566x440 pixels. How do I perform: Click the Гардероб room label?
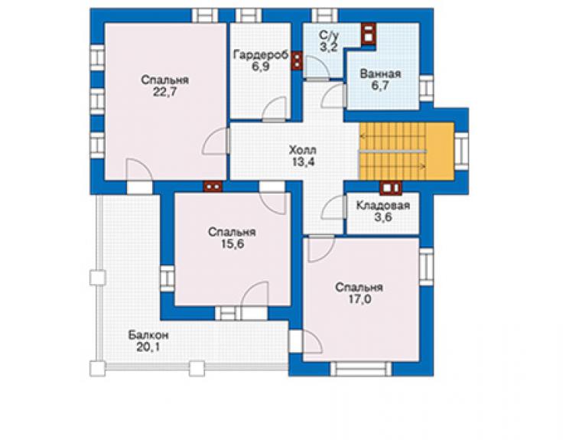click(x=261, y=55)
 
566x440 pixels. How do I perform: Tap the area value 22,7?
click(x=164, y=92)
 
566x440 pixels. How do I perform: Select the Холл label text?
click(x=302, y=150)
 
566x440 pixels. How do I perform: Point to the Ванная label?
click(x=380, y=73)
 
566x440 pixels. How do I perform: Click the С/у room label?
click(x=329, y=35)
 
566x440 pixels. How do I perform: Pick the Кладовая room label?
click(x=383, y=206)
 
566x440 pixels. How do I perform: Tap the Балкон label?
click(x=148, y=335)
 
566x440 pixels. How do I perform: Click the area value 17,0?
click(x=360, y=299)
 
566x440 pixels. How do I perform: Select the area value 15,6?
click(x=233, y=244)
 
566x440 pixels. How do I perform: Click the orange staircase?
click(x=406, y=152)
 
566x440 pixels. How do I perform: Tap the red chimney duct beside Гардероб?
click(x=297, y=60)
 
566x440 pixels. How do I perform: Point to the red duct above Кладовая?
click(x=391, y=187)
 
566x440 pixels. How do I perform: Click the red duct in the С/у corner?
click(x=369, y=34)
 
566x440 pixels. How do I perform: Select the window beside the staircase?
click(x=462, y=151)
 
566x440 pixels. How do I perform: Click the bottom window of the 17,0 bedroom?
click(x=360, y=369)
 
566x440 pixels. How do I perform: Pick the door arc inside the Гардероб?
click(x=274, y=109)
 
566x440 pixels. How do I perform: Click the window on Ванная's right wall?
click(x=426, y=89)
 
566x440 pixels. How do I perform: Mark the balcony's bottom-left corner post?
click(x=97, y=369)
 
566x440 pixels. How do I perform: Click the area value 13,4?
click(x=303, y=162)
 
